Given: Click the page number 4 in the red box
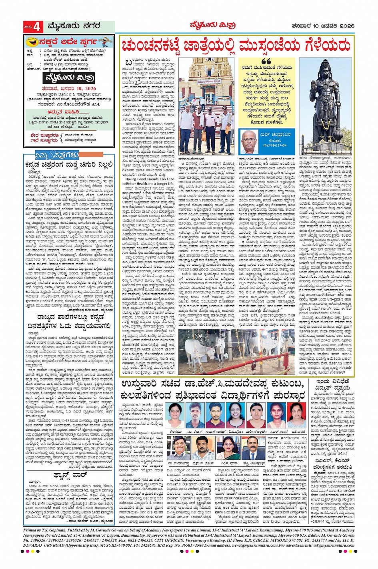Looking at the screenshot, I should click(x=36, y=27).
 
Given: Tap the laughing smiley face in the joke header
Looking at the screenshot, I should click(x=30, y=41).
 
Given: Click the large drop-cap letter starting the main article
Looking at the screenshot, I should click(x=128, y=64).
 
